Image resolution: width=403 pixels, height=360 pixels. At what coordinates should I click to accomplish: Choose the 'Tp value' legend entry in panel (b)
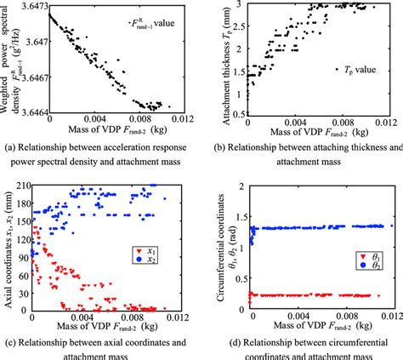pyautogui.click(x=347, y=89)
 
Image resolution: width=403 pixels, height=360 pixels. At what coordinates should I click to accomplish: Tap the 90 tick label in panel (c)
pyautogui.click(x=22, y=254)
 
